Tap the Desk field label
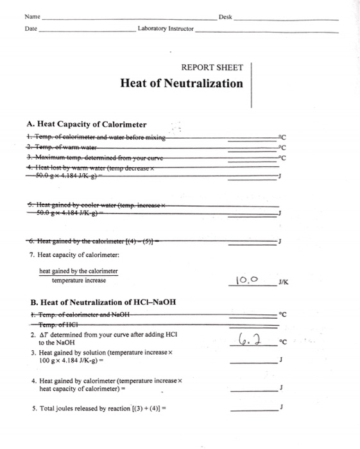225,17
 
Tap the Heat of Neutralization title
182,83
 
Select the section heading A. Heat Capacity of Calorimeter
87,124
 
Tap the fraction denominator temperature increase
78,280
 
